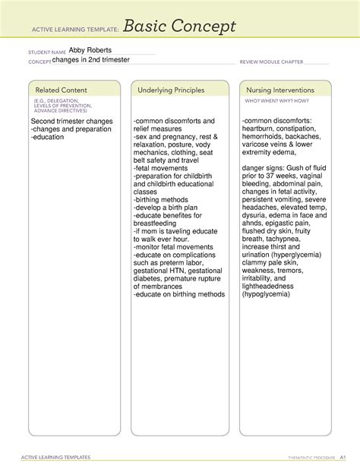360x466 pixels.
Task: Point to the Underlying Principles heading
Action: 171,90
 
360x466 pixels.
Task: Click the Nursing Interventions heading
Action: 276,90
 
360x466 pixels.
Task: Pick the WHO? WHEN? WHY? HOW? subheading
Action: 272,100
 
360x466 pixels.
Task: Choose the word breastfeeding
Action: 159,223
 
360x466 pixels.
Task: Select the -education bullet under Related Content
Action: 48,138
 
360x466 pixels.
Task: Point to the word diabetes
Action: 150,278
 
